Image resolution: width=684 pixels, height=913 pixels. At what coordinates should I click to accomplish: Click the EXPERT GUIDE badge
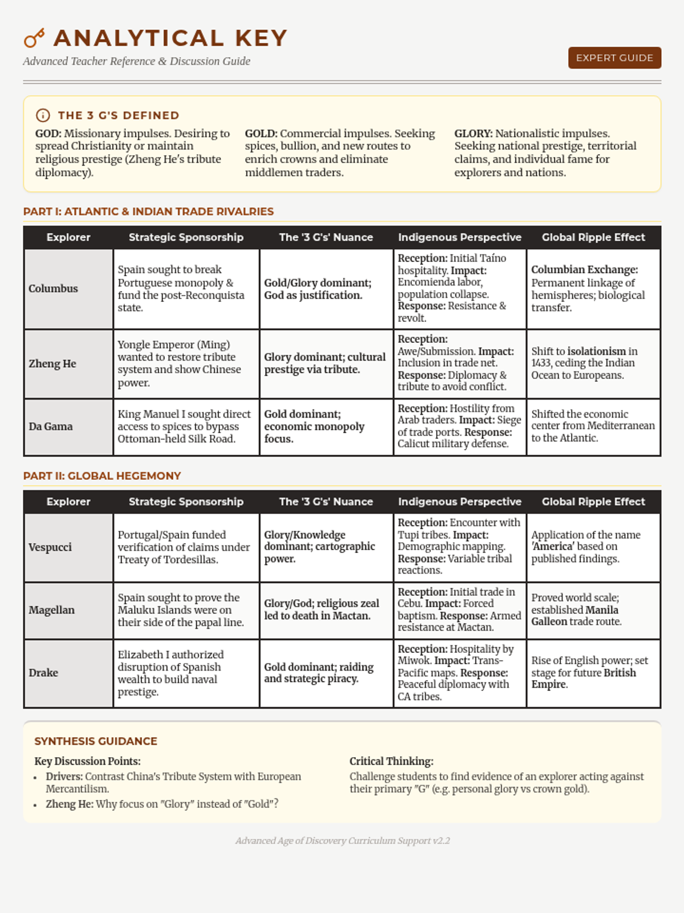(614, 58)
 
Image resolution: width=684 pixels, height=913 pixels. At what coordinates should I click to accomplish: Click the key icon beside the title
(34, 38)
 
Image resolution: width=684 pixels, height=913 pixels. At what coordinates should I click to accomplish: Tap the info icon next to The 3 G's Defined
(43, 115)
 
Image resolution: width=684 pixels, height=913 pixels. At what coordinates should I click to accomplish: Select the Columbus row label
(53, 289)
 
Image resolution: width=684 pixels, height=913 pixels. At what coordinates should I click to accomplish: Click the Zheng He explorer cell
(52, 363)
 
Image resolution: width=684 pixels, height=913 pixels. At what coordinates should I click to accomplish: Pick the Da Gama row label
(51, 426)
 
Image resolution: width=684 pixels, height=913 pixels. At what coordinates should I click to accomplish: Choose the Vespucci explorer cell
(50, 547)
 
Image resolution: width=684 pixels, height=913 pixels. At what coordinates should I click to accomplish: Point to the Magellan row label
(51, 610)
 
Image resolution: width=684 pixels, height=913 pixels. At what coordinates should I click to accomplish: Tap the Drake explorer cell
(43, 673)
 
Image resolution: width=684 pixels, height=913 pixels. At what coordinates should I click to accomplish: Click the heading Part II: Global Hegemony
(102, 476)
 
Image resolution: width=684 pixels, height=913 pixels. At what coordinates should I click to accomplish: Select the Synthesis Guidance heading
(96, 741)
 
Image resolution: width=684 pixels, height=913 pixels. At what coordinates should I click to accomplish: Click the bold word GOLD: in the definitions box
(261, 134)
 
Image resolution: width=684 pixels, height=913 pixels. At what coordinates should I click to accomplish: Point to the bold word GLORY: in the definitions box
(473, 134)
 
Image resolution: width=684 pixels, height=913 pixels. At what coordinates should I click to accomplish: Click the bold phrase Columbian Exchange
(584, 270)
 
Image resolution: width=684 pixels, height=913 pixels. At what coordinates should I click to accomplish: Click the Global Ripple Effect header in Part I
(593, 237)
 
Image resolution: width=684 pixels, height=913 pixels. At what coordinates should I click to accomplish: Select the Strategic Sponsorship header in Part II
(186, 502)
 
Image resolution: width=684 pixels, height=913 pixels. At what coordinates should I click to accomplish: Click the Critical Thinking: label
(391, 761)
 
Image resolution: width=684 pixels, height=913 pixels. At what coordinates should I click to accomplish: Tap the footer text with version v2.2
(343, 841)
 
